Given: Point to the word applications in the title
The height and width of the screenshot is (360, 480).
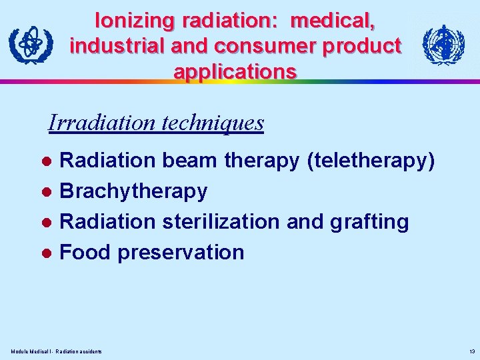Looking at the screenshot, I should (x=235, y=71).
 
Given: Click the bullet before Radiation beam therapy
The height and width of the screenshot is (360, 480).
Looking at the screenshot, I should (x=47, y=161).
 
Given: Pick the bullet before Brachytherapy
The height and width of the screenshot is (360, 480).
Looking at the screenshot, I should (x=47, y=192).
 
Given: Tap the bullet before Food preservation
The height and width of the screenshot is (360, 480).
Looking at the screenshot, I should (x=47, y=253).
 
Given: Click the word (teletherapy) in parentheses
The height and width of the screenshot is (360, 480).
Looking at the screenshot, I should (x=370, y=161).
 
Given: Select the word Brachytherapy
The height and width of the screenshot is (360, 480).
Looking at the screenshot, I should (x=134, y=191).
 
